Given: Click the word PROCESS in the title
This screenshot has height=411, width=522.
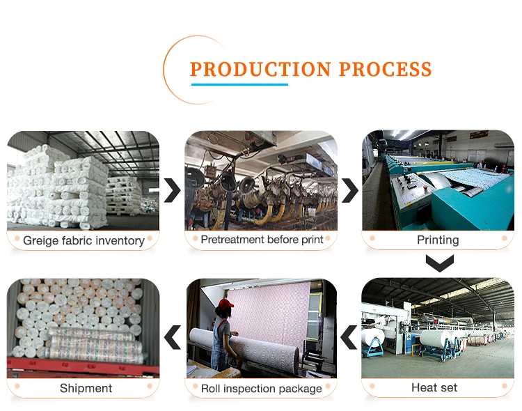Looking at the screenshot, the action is (385, 70).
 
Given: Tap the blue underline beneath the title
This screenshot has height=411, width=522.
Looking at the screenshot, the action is (239, 84).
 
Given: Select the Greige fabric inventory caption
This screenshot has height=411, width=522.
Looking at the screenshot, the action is (84, 240).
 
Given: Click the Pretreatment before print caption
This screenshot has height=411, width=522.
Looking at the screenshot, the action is (262, 240).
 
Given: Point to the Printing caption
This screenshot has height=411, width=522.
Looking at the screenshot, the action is (438, 240).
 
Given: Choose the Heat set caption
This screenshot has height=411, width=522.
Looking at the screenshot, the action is (434, 387).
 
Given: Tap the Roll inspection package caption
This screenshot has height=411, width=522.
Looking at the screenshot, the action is (262, 388).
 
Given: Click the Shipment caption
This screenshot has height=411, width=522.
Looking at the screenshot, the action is (86, 388).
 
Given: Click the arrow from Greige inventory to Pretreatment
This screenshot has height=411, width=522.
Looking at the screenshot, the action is (172, 189).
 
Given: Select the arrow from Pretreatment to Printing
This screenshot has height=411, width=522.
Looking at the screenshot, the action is (350, 189).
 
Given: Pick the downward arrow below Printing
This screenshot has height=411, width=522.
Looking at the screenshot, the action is (439, 263).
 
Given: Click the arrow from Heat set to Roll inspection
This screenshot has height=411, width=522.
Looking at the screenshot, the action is (349, 338).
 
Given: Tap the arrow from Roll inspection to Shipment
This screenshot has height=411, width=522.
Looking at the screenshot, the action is (172, 338).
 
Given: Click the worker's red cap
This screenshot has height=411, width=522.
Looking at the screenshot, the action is (225, 304).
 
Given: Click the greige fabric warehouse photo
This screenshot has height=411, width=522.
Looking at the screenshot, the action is (84, 181).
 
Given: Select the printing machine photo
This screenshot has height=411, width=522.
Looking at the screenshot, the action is (438, 181).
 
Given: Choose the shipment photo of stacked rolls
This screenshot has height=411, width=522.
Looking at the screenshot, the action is (84, 327).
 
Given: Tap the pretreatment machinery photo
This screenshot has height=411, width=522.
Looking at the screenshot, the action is (261, 181).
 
